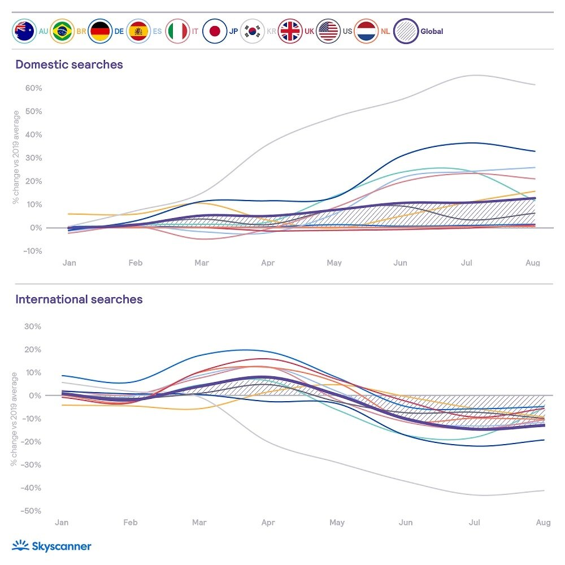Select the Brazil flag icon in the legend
pyautogui.click(x=62, y=32)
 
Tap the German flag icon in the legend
pyautogui.click(x=100, y=32)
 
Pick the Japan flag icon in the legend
pyautogui.click(x=214, y=32)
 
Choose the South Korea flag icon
pyautogui.click(x=252, y=32)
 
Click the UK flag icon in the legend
pyautogui.click(x=290, y=32)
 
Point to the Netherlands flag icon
pyautogui.click(x=367, y=32)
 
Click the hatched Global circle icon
pyautogui.click(x=406, y=32)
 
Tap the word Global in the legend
pyautogui.click(x=432, y=32)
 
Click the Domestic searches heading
pyautogui.click(x=69, y=64)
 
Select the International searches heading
pyautogui.click(x=79, y=299)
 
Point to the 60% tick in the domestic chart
pyautogui.click(x=33, y=88)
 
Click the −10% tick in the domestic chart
pyautogui.click(x=32, y=251)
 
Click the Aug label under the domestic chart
pyautogui.click(x=533, y=263)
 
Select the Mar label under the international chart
pyautogui.click(x=199, y=523)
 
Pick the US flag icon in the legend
pyautogui.click(x=328, y=32)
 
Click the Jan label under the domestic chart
pyautogui.click(x=69, y=263)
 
